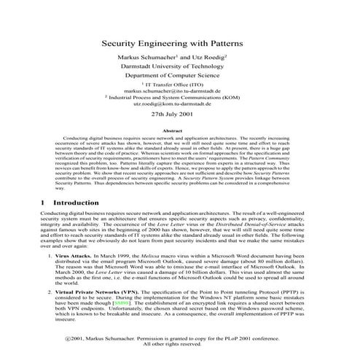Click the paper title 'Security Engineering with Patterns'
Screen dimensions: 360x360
[x=179, y=43]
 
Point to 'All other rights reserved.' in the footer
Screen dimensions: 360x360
[x=179, y=345]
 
